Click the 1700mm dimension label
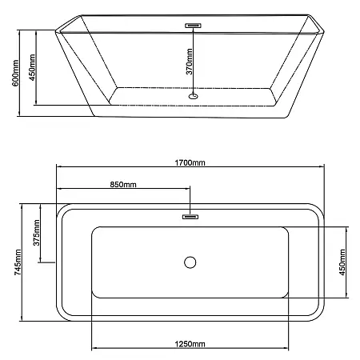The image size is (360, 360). tap(190, 162)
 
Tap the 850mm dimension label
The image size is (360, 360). tap(123, 184)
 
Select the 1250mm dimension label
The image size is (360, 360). tap(190, 344)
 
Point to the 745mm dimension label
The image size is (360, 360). tap(18, 262)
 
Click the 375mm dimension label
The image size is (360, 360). tap(36, 233)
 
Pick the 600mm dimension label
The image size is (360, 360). tap(15, 73)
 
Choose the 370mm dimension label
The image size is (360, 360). tap(189, 62)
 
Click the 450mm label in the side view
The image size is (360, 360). tap(32, 67)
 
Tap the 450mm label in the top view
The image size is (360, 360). tap(342, 262)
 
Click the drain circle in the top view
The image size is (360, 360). tap(190, 262)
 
